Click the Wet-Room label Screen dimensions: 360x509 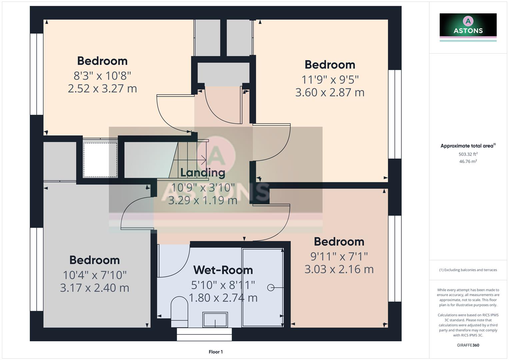223,270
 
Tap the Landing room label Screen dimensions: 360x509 203,172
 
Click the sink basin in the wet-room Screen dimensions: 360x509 215,320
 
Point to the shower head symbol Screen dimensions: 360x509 271,287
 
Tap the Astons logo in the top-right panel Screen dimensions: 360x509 468,25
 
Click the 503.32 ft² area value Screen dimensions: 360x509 468,154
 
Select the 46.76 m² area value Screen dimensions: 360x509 468,161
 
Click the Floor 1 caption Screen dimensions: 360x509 216,352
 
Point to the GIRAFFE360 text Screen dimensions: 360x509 468,345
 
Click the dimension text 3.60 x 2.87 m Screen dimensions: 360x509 330,92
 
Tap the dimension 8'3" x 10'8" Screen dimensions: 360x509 102,76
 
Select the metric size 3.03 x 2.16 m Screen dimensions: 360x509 339,269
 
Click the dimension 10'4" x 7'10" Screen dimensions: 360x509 95,275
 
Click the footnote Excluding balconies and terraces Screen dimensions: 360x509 468,270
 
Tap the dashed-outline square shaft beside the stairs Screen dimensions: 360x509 100,160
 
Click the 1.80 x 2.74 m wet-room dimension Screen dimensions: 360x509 223,298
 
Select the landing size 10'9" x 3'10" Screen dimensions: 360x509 203,188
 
